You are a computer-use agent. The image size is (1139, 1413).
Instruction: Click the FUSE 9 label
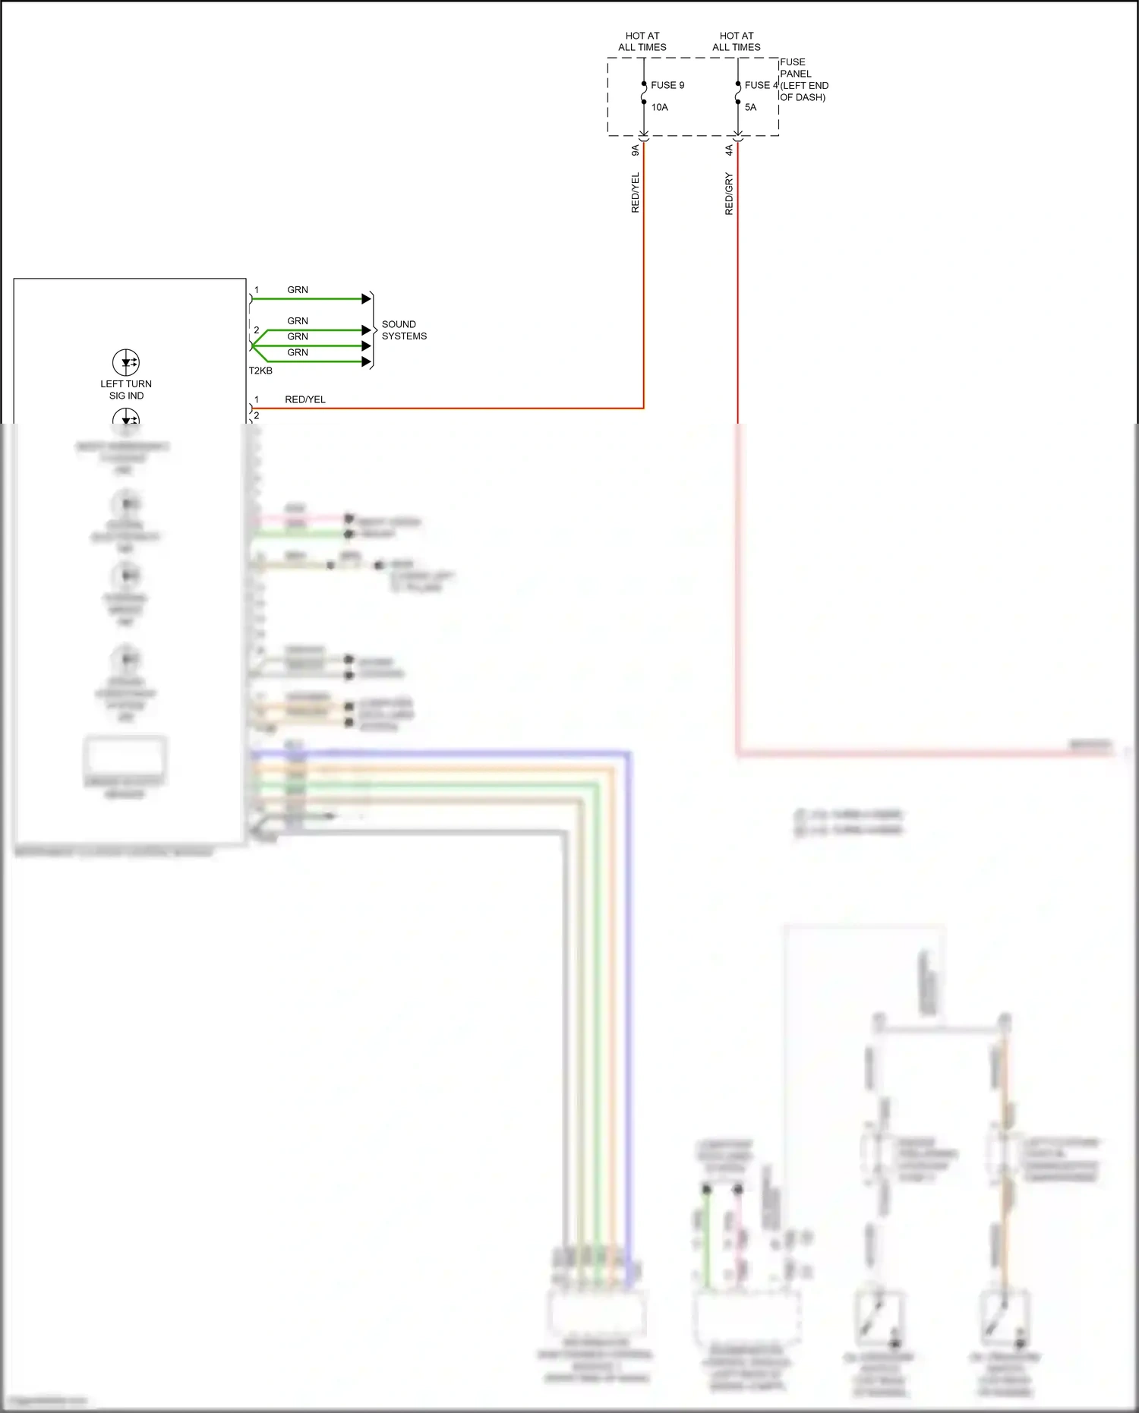[x=667, y=85]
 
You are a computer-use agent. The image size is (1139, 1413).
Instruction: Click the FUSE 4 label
[x=761, y=85]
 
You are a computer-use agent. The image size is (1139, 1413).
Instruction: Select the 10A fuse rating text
[x=659, y=107]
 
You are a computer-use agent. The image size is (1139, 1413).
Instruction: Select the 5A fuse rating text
[x=750, y=107]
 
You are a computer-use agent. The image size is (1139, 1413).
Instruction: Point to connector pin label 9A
[x=636, y=150]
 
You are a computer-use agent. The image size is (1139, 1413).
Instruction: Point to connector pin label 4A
[x=729, y=150]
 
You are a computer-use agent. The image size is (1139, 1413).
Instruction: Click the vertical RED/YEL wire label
[x=636, y=193]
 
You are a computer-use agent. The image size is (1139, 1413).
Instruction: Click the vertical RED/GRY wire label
[x=729, y=194]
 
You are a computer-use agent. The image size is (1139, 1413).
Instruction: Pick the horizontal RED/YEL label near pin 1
[x=304, y=399]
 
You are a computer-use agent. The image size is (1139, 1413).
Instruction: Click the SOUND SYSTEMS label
[x=403, y=330]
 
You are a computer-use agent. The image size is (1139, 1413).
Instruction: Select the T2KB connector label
[x=260, y=371]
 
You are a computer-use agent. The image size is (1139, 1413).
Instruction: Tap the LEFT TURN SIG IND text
[x=126, y=390]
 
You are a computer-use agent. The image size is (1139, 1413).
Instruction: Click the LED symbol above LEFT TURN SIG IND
[x=126, y=362]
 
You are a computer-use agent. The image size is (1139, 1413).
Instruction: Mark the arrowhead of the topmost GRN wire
[x=366, y=299]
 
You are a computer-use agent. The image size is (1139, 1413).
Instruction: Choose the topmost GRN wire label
[x=298, y=290]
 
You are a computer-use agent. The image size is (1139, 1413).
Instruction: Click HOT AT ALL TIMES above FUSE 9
[x=642, y=41]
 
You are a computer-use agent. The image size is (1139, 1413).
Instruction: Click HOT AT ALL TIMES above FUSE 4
[x=737, y=41]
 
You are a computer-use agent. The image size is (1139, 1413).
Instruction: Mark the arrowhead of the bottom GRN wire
[x=366, y=362]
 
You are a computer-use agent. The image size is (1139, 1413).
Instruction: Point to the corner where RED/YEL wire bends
[x=644, y=408]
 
